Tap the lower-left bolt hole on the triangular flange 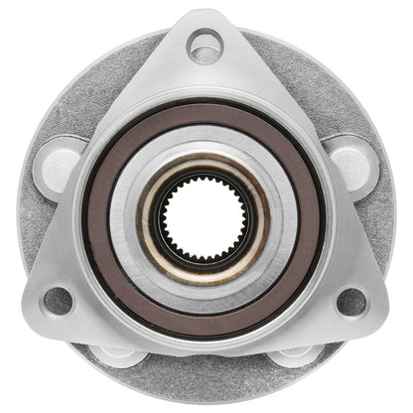click(59, 300)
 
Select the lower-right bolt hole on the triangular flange click(351, 300)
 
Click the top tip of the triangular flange click(205, 14)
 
